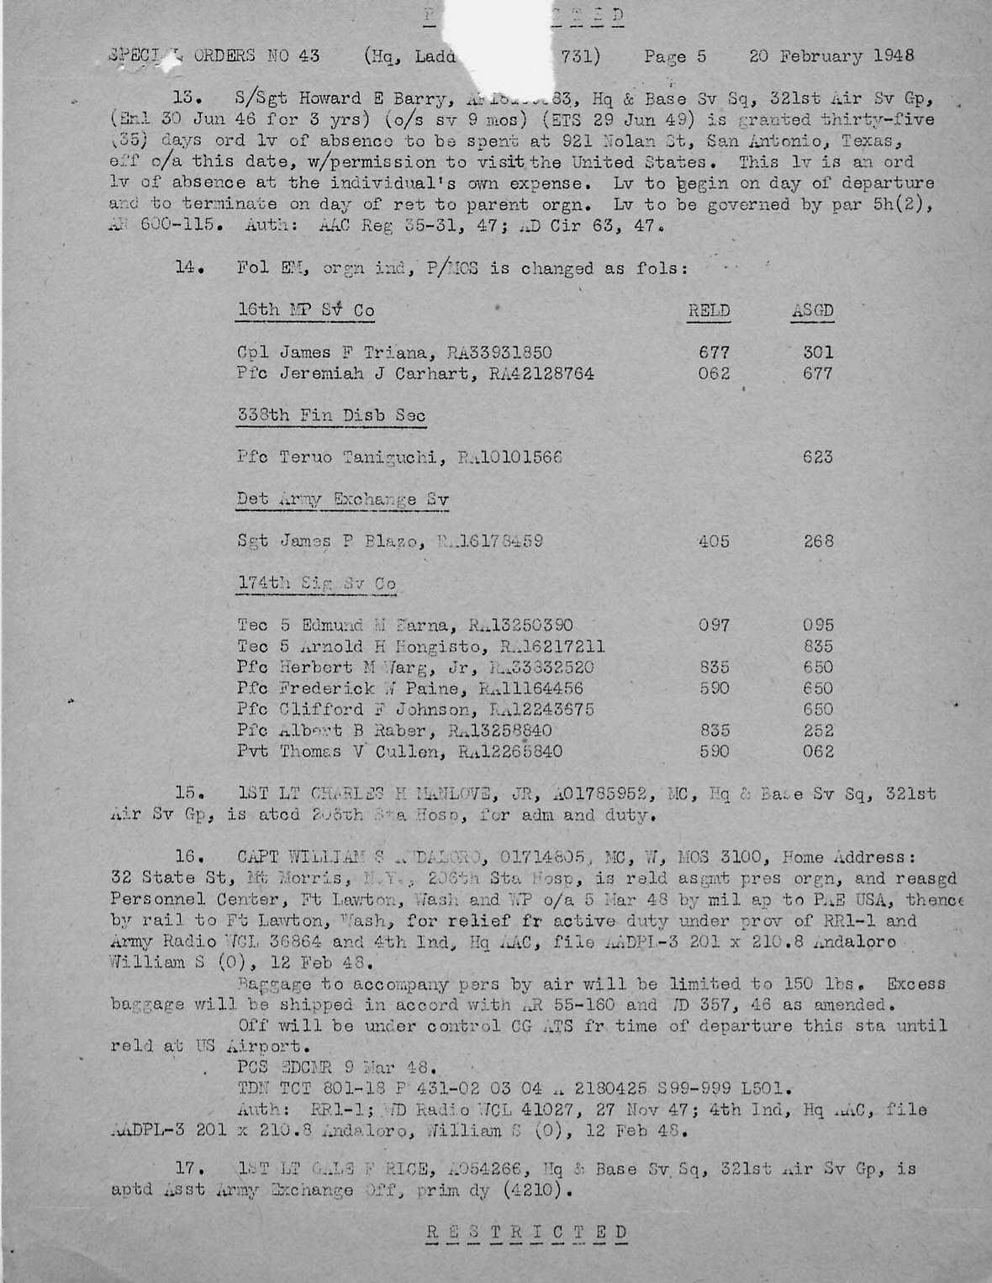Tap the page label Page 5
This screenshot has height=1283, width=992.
pyautogui.click(x=675, y=57)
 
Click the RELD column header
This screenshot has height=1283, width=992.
pyautogui.click(x=709, y=310)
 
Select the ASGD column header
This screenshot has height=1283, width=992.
pyautogui.click(x=812, y=310)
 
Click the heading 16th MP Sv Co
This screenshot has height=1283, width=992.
pyautogui.click(x=306, y=310)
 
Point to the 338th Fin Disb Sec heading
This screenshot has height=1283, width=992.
pyautogui.click(x=331, y=415)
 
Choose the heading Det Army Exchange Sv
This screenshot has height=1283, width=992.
pyautogui.click(x=342, y=499)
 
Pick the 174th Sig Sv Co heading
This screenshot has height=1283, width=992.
pyautogui.click(x=316, y=583)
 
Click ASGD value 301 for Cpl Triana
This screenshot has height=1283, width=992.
pyautogui.click(x=818, y=352)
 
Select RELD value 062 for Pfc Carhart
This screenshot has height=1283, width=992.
pyautogui.click(x=714, y=373)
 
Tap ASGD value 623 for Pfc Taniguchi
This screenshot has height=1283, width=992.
pyautogui.click(x=818, y=457)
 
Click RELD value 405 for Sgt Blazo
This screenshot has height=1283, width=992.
pyautogui.click(x=714, y=541)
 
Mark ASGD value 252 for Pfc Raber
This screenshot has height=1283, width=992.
pyautogui.click(x=818, y=731)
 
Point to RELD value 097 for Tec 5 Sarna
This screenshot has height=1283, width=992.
pyautogui.click(x=714, y=626)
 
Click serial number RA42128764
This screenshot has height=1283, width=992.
pyautogui.click(x=541, y=373)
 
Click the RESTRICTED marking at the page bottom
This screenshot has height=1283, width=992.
pyautogui.click(x=526, y=1233)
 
